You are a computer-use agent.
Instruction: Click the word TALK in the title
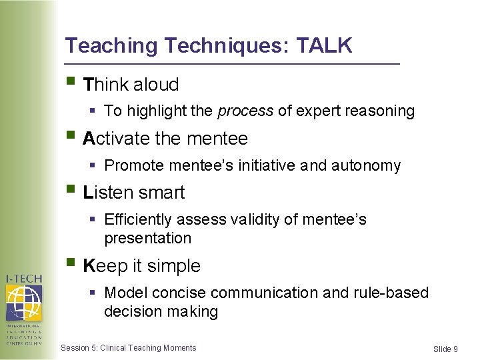pyautogui.click(x=324, y=45)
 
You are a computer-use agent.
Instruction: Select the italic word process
pyautogui.click(x=245, y=111)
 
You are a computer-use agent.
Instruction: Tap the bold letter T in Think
pyautogui.click(x=89, y=85)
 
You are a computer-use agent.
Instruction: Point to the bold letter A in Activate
pyautogui.click(x=89, y=139)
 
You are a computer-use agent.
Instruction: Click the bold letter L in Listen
pyautogui.click(x=88, y=193)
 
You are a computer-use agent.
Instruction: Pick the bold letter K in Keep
pyautogui.click(x=89, y=266)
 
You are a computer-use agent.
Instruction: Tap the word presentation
pyautogui.click(x=147, y=238)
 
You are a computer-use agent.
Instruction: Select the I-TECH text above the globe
pyautogui.click(x=24, y=278)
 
